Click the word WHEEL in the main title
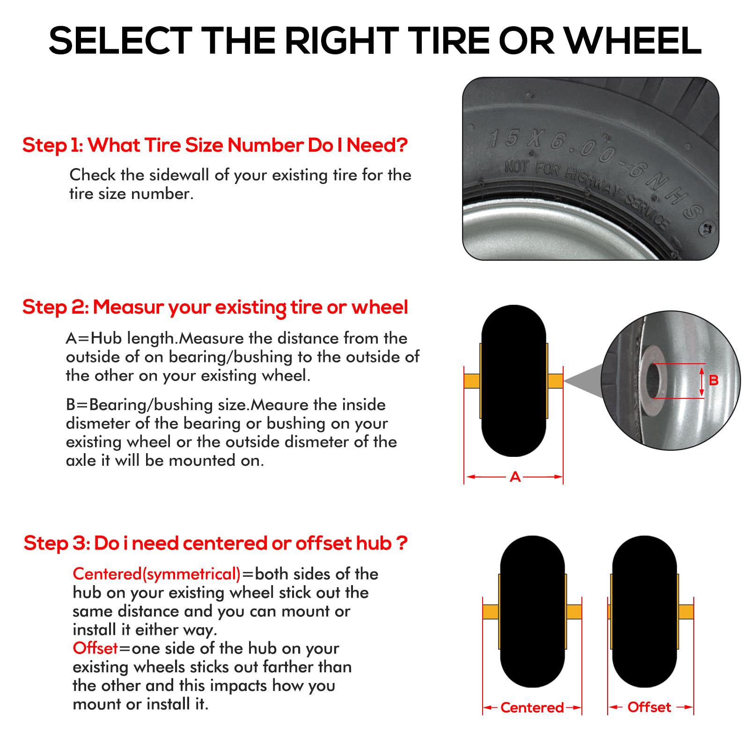(633, 41)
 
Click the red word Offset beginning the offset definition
(95, 648)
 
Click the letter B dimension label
(713, 380)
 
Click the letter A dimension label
(515, 477)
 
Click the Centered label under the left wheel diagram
(532, 707)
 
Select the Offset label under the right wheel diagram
(649, 707)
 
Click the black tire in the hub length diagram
(514, 381)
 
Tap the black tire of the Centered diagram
(533, 611)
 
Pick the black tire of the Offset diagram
(645, 611)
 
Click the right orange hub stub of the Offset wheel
(685, 611)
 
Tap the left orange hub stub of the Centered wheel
(491, 611)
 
